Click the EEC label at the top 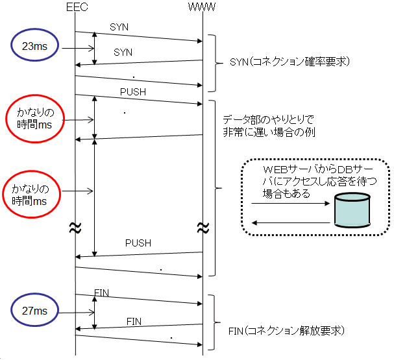coord(76,6)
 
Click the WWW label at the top coord(202,6)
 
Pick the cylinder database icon coord(352,210)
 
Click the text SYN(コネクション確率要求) coord(290,62)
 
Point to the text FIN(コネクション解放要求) coord(287,331)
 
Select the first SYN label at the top coord(119,28)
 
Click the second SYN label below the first coord(123,51)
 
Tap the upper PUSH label coord(133,92)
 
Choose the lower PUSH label coord(138,243)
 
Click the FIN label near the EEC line coord(102,293)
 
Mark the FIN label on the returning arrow coord(134,321)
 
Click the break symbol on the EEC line coord(75,228)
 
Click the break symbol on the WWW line coord(203,228)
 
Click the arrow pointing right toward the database coord(290,204)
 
